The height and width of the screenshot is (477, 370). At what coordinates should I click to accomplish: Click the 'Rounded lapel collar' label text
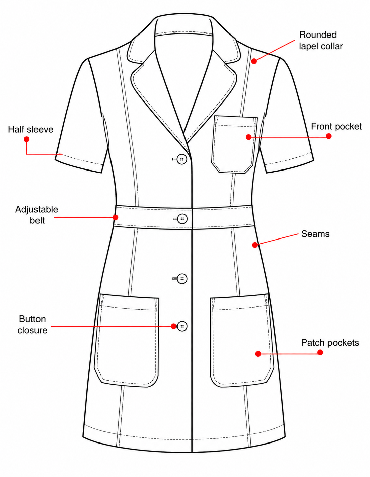click(321, 41)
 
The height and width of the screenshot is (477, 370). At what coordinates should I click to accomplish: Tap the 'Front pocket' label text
click(336, 126)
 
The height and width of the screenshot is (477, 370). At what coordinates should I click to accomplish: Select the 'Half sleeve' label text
click(30, 129)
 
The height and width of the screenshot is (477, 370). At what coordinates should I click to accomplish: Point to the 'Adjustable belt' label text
click(36, 215)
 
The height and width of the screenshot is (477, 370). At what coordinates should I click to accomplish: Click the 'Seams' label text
click(315, 234)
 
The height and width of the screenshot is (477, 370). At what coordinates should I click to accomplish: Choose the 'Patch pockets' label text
click(330, 343)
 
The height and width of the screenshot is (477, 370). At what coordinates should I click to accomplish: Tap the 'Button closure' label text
click(32, 325)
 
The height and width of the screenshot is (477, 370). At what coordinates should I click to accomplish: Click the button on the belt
click(182, 219)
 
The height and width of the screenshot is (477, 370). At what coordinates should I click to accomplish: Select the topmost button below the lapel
click(181, 159)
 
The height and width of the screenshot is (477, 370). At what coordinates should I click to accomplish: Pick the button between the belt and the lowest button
click(182, 279)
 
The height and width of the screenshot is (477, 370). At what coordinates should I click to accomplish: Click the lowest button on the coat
click(182, 326)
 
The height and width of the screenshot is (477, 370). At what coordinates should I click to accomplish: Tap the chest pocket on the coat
click(234, 144)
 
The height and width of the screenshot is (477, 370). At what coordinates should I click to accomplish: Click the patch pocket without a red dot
click(127, 340)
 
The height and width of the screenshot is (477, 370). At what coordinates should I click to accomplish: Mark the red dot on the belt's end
click(116, 217)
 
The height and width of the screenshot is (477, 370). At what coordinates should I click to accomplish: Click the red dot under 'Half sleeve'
click(27, 139)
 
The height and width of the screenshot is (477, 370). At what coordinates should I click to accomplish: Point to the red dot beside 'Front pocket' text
click(328, 136)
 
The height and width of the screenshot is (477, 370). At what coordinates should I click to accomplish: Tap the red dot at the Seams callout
click(255, 245)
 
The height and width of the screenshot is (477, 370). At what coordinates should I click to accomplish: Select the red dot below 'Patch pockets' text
click(320, 352)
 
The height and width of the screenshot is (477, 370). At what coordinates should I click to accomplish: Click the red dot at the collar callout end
click(254, 61)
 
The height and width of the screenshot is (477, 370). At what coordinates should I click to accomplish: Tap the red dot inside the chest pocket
click(248, 137)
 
